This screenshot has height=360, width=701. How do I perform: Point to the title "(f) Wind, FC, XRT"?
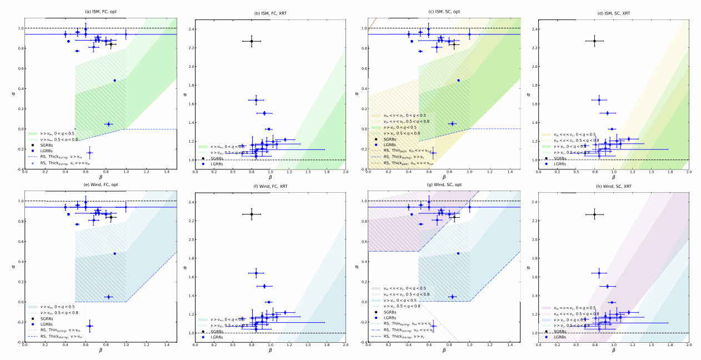click(270, 186)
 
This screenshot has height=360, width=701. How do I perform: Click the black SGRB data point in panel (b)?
click(251, 41)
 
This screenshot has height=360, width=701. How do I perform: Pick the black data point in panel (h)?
click(594, 214)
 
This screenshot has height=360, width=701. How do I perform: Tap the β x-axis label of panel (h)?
click(613, 351)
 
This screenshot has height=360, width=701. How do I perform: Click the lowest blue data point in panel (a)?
click(90, 152)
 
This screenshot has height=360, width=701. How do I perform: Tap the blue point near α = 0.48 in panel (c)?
click(458, 80)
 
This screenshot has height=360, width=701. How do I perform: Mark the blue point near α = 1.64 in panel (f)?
click(256, 273)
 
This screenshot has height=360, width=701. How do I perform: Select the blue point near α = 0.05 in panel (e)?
click(108, 297)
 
